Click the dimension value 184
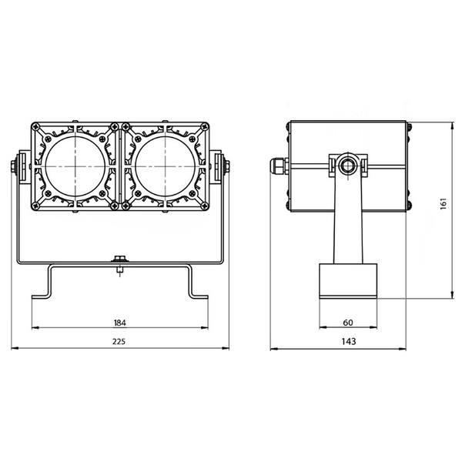coord(119,323)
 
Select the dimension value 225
coord(119,341)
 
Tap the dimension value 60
coord(349,323)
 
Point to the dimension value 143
coord(349,341)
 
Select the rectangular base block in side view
coord(349,281)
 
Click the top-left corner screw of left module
coord(38,129)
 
